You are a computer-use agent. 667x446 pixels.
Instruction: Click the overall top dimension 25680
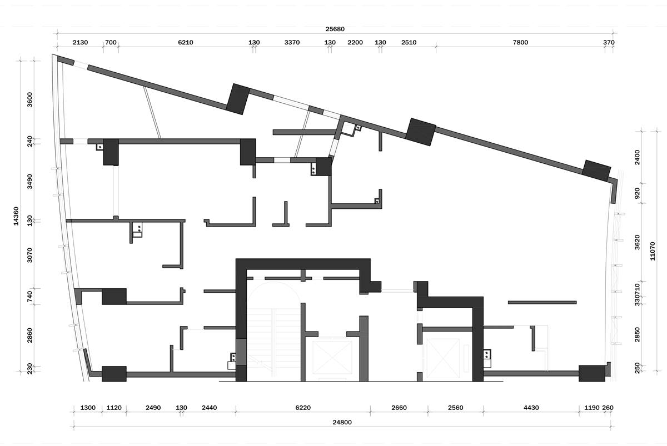[x=335, y=29]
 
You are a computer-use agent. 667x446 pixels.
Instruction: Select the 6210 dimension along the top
[x=186, y=43]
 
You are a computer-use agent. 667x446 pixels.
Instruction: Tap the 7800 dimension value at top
[x=520, y=43]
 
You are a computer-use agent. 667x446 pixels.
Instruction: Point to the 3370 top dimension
[x=292, y=43]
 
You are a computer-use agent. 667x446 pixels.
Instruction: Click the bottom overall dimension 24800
[x=342, y=423]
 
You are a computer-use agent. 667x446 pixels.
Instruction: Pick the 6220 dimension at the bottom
[x=303, y=408]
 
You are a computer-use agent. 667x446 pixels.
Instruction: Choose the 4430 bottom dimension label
[x=531, y=408]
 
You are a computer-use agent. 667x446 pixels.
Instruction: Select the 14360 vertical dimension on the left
[x=16, y=216]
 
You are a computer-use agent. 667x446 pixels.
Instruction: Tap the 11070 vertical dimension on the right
[x=653, y=252]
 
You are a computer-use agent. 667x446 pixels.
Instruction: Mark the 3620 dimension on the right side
[x=637, y=242]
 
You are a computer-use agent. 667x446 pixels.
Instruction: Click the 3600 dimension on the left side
[x=29, y=100]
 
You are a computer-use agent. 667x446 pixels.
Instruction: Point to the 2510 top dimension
[x=409, y=43]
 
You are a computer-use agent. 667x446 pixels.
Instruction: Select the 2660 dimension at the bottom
[x=399, y=408]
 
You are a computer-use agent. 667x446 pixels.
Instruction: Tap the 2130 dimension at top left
[x=80, y=43]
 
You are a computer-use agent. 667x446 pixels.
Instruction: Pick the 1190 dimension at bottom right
[x=591, y=408]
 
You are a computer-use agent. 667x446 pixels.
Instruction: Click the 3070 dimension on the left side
[x=29, y=255]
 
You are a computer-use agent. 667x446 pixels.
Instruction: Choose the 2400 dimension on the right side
[x=637, y=157]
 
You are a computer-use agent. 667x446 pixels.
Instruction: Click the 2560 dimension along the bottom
[x=456, y=408]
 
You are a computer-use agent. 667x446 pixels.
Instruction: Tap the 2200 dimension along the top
[x=355, y=43]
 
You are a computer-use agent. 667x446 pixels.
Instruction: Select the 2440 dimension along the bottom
[x=210, y=408]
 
